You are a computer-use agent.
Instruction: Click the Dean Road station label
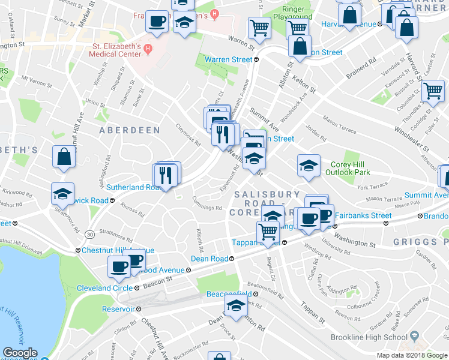(x=209, y=259)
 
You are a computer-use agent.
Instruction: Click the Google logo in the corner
(x=20, y=353)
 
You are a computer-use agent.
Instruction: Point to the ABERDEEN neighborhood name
(x=130, y=130)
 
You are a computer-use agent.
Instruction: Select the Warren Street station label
(x=228, y=59)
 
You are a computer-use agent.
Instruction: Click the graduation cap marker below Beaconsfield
(x=236, y=308)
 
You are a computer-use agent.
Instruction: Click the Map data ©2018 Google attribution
(x=412, y=355)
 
